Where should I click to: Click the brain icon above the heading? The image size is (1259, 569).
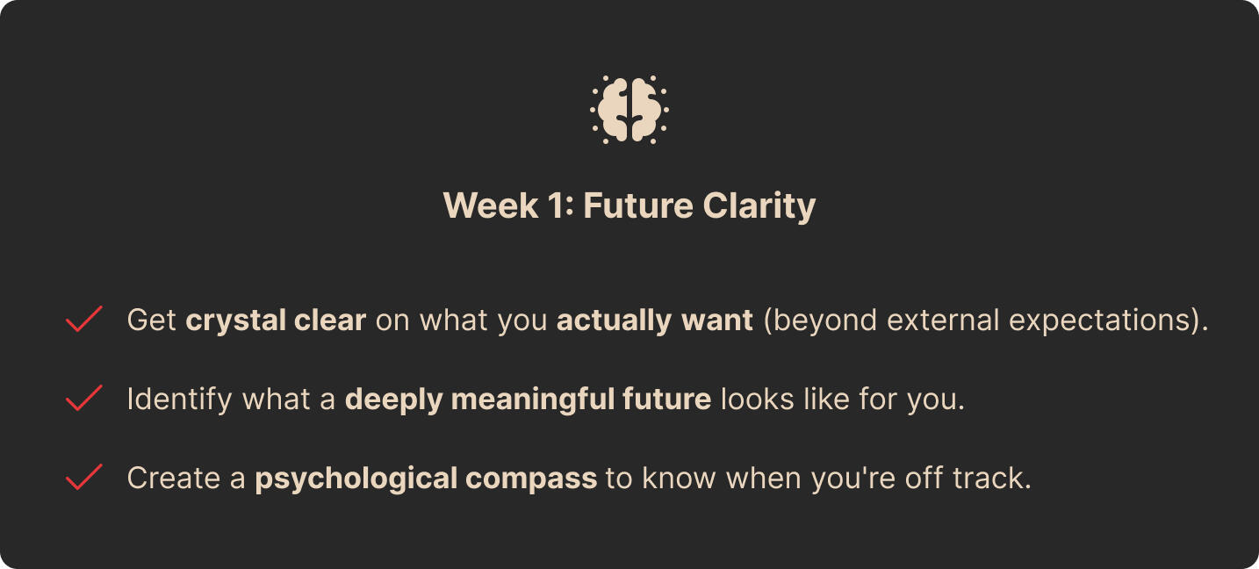[x=629, y=110]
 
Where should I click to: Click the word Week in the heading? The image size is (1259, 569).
[x=491, y=205]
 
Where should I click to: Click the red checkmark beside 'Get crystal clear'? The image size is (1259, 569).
[x=83, y=319]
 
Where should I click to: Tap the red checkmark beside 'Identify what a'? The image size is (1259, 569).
[x=83, y=398]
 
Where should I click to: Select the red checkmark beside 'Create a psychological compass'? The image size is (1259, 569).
[x=83, y=477]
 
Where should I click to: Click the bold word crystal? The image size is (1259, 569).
[x=235, y=321]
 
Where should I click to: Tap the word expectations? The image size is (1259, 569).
[x=1099, y=321]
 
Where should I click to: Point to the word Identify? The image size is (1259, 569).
[x=179, y=400]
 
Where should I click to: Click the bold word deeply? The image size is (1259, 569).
[x=393, y=400]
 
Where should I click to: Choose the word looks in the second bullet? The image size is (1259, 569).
[x=757, y=400]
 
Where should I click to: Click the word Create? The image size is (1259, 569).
[x=174, y=479]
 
